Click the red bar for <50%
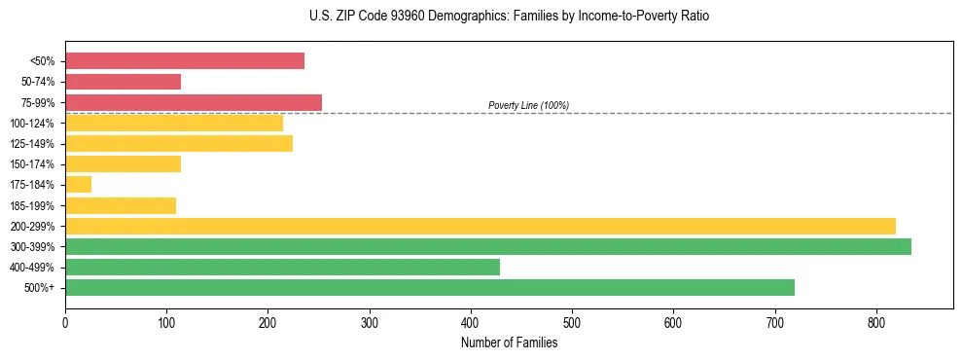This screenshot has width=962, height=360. [x=185, y=61]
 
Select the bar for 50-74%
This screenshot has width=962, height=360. [x=123, y=82]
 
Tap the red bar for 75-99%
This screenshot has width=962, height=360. [x=194, y=102]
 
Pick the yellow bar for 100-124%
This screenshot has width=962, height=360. [x=174, y=123]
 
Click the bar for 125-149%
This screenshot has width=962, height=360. [x=179, y=144]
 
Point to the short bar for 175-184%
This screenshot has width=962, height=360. [x=79, y=185]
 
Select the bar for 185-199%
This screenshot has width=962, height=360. [x=121, y=205]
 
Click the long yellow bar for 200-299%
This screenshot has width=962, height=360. [x=481, y=226]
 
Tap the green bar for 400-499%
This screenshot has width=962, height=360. [x=282, y=267]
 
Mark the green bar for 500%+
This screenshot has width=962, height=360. [x=430, y=287]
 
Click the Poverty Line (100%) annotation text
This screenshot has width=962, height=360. [x=528, y=105]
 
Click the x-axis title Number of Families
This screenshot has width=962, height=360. [x=509, y=342]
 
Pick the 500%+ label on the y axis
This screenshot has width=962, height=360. [x=39, y=288]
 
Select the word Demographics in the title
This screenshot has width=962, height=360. [x=459, y=17]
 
